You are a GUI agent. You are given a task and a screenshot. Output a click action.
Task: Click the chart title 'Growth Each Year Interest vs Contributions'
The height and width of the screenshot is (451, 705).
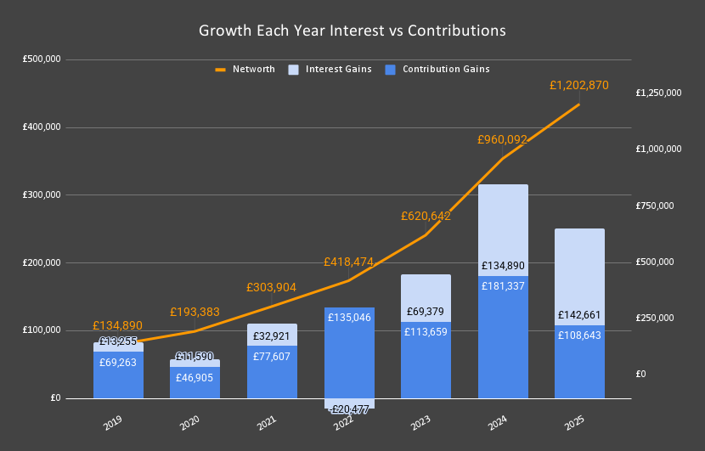pyautogui.click(x=352, y=31)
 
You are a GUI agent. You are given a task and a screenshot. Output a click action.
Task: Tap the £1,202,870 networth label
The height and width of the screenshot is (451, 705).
pyautogui.click(x=578, y=85)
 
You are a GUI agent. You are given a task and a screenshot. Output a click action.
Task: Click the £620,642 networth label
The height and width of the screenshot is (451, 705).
pyautogui.click(x=426, y=217)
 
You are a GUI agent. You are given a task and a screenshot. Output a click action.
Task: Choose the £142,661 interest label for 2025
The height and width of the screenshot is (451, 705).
pyautogui.click(x=579, y=315)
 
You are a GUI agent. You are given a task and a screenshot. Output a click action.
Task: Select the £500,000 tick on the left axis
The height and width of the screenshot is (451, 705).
pyautogui.click(x=41, y=59)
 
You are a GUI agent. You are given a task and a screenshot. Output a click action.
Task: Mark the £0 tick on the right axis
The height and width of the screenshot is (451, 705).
pyautogui.click(x=642, y=374)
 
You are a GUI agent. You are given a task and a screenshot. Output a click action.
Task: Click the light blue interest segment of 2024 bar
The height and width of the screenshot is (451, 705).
pyautogui.click(x=503, y=221)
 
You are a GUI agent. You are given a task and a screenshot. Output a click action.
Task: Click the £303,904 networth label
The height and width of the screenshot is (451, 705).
pyautogui.click(x=272, y=287)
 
